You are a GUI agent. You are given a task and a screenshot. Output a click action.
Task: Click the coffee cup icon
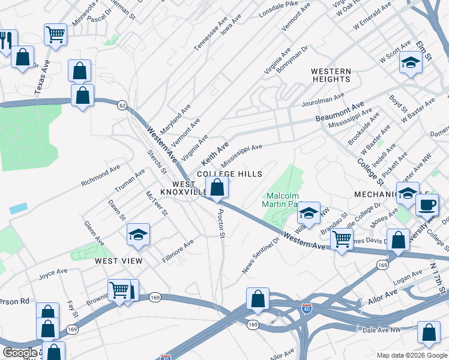(427, 205)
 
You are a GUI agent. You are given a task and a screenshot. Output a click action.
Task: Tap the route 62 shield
(122, 105)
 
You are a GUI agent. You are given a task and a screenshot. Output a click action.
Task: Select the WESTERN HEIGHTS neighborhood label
(331, 75)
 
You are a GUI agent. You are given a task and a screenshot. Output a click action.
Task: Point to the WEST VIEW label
(118, 261)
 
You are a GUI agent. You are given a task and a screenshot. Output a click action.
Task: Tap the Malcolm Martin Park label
(282, 200)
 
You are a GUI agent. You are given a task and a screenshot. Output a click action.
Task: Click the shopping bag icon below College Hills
(217, 188)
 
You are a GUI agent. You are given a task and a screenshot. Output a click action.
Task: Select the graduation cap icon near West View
(138, 235)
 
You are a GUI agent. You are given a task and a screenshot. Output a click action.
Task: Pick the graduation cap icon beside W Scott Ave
(411, 63)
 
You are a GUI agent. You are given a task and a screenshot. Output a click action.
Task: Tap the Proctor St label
(221, 223)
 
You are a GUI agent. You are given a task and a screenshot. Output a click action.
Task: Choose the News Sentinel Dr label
(261, 256)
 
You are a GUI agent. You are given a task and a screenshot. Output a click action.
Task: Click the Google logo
(20, 353)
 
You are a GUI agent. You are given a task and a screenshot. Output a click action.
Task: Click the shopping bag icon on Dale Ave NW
(429, 333)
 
